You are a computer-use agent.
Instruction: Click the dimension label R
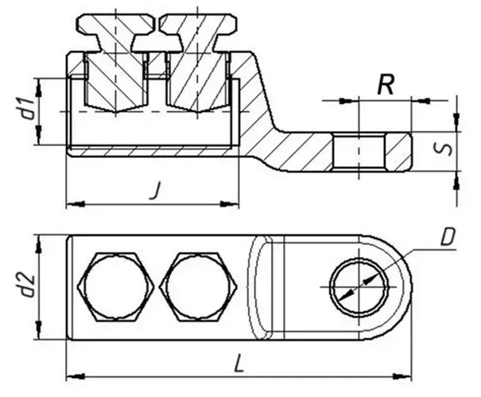coord(386,86)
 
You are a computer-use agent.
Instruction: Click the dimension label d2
coord(25,286)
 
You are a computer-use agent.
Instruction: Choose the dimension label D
coord(448,237)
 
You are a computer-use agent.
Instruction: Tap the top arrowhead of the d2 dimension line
coord(40,241)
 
